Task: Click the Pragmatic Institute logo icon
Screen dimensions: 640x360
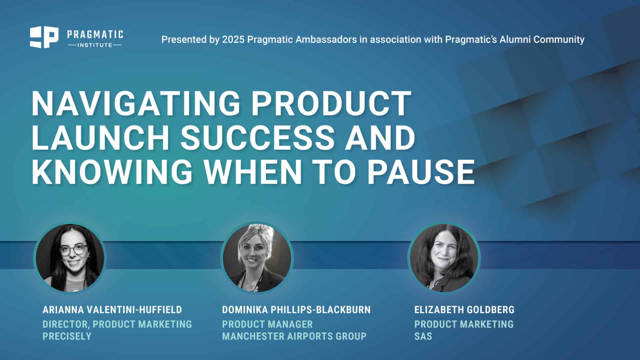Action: pos(44,37)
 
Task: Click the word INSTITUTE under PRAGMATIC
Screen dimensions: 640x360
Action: pos(95,45)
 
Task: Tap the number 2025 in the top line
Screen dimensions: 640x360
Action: pos(233,39)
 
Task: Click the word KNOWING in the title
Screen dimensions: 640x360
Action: pos(112,172)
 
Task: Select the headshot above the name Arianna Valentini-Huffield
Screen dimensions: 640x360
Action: pos(70,258)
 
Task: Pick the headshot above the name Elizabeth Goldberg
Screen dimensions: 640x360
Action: pos(444,258)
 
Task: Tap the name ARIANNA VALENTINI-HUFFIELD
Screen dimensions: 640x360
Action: pos(112,310)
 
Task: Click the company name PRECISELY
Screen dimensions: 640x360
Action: pos(67,336)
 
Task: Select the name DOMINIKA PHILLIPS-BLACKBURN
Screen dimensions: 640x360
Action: pos(296,310)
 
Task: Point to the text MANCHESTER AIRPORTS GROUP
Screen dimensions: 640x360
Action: pos(294,336)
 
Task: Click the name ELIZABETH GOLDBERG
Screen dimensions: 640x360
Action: pos(464,310)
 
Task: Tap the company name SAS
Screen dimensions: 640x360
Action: pos(423,336)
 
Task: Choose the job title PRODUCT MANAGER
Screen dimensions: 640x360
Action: pos(267,324)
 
